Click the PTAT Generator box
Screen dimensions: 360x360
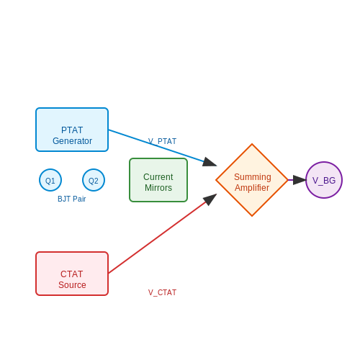pos(72,130)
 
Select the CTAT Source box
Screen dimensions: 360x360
pos(72,274)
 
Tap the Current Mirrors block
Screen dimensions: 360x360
pos(158,180)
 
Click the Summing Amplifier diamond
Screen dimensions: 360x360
pos(252,180)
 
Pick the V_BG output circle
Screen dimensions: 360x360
pos(324,180)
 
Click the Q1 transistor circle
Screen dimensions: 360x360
pos(50,180)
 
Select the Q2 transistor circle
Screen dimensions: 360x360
pos(94,180)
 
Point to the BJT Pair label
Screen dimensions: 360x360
pos(72,199)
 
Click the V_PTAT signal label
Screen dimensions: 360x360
pos(162,141)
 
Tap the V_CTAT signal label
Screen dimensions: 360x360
pos(162,292)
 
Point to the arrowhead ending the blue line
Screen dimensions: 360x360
pos(210,163)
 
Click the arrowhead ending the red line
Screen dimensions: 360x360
pos(210,199)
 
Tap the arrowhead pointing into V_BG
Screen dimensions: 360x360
pos(300,180)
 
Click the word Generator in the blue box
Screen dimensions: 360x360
pos(72,141)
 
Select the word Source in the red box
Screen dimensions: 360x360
pos(72,285)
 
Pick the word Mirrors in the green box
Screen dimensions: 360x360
pos(158,188)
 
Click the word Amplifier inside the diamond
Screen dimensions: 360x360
pos(252,188)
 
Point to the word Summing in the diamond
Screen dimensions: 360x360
pos(253,177)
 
